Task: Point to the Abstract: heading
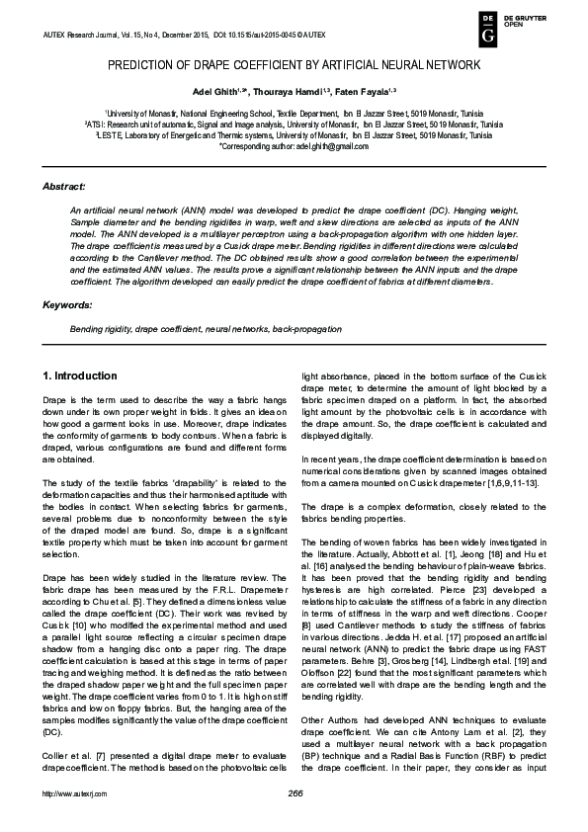tap(64, 186)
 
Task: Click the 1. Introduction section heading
tap(80, 376)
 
